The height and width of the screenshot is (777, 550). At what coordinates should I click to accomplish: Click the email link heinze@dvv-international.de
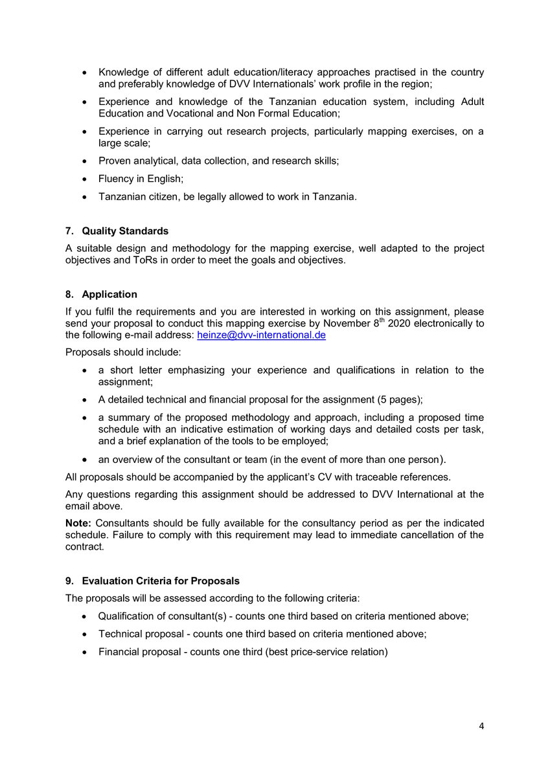point(260,335)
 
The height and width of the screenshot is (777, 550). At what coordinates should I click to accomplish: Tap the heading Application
point(109,295)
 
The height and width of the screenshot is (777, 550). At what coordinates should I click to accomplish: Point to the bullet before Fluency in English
point(84,179)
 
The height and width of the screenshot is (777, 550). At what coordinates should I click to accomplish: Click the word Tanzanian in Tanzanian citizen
point(121,197)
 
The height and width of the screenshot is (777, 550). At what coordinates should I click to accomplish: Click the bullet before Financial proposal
point(84,652)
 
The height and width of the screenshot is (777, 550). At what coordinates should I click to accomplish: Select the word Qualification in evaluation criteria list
point(128,616)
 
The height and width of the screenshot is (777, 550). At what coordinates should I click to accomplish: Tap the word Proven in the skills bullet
point(115,161)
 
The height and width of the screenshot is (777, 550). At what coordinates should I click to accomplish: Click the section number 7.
point(69,232)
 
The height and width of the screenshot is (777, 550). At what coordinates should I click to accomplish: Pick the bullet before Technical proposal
point(84,635)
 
